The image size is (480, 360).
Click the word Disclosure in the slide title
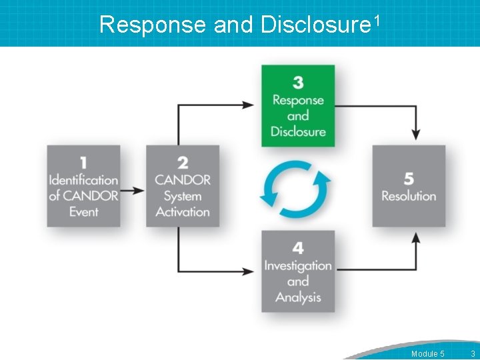[x=315, y=25]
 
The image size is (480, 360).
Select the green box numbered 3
[x=298, y=105]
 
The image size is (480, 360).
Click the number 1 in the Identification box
[x=83, y=163]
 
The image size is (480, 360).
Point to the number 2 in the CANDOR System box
[x=183, y=163]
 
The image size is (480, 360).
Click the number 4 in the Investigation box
[x=298, y=248]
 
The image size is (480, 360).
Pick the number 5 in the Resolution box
[x=409, y=179]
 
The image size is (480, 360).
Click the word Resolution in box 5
[x=409, y=196]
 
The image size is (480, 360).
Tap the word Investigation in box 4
[x=298, y=265]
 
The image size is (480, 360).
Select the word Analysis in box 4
[x=298, y=297]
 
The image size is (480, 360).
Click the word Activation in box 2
[x=183, y=212]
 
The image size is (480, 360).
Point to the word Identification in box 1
[x=83, y=180]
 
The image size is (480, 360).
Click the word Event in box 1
[x=83, y=212]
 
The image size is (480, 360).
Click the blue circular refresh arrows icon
[x=295, y=189]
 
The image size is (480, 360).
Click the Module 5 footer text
[x=428, y=353]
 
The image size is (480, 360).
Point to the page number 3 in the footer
[x=473, y=353]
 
